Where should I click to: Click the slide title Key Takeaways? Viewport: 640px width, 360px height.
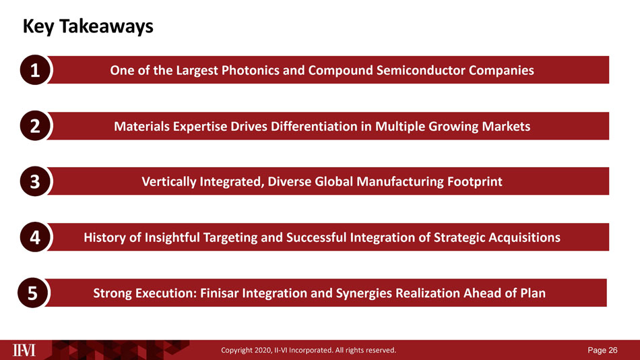coord(88,26)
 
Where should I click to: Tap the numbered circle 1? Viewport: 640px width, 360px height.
coord(35,70)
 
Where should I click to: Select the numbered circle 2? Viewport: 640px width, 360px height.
coord(35,126)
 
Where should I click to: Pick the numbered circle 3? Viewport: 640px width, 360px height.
coord(35,181)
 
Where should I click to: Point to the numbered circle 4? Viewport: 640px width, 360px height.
coord(35,237)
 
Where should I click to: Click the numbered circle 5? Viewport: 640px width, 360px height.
coord(32,293)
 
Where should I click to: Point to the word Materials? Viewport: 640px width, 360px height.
coord(141,126)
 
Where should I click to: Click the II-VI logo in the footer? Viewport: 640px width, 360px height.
coord(24,350)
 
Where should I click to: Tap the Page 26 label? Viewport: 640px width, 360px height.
coord(602,350)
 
